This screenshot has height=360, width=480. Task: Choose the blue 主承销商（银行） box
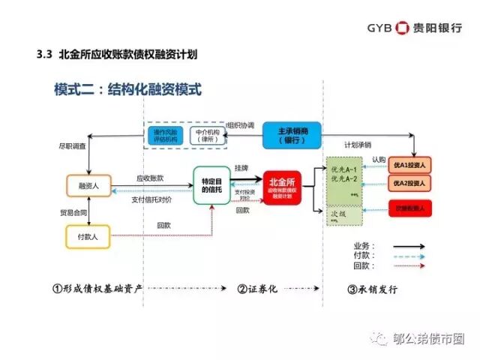point(292,134)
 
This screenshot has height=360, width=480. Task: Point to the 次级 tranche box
point(343,215)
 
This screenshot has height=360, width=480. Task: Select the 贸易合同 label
point(73,212)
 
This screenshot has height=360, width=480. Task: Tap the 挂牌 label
point(242,169)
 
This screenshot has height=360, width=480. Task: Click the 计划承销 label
point(358,145)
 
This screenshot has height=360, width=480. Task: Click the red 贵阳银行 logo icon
point(402,28)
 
